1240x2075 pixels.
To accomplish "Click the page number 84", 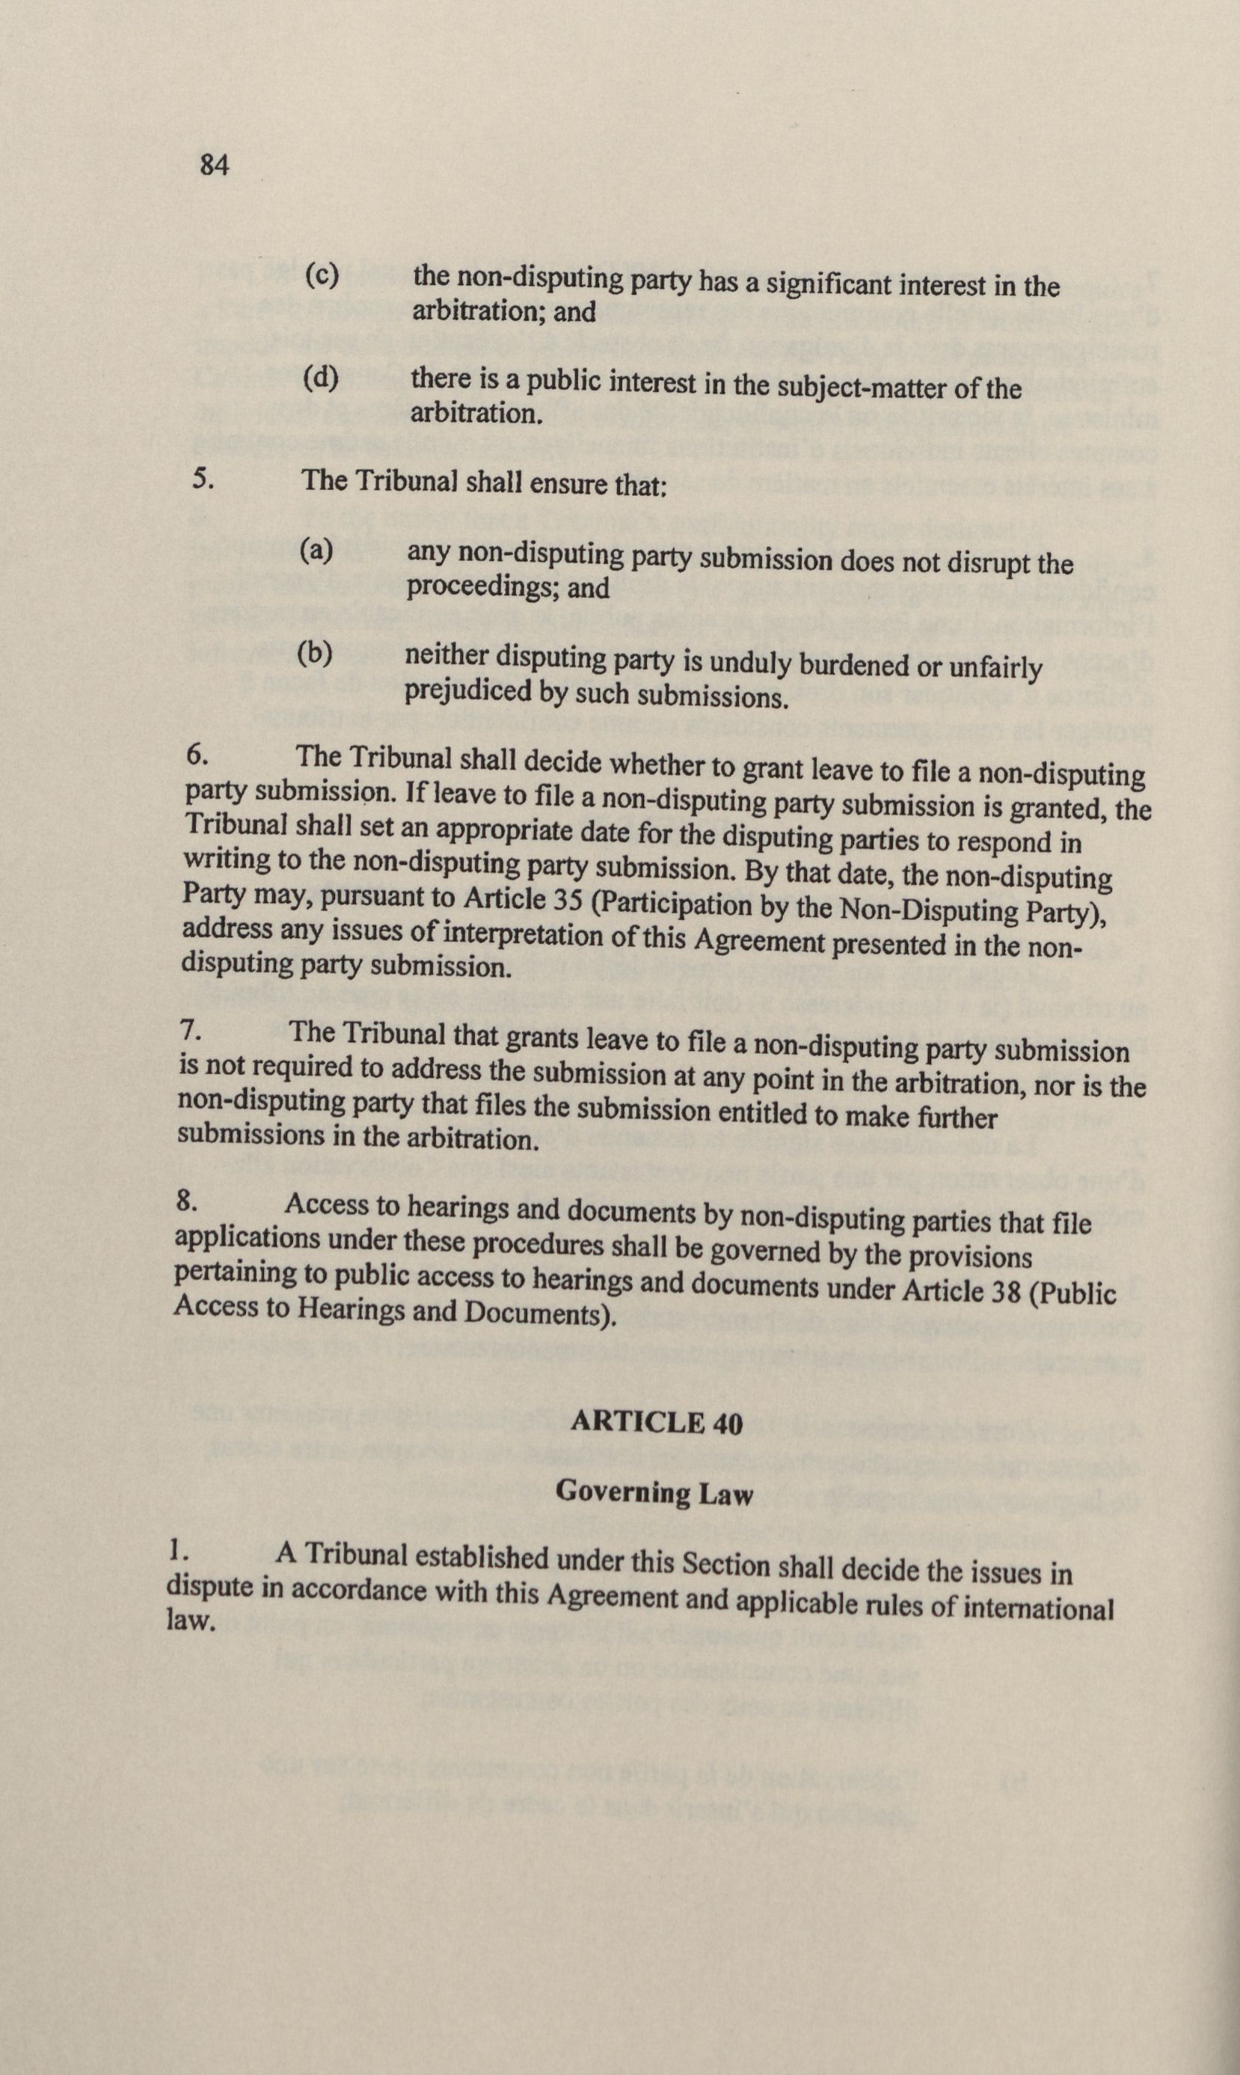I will [x=214, y=165].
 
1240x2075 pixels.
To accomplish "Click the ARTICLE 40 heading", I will [x=656, y=1423].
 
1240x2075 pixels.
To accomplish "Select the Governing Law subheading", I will [x=654, y=1492].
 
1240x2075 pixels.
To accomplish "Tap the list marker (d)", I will [x=321, y=378].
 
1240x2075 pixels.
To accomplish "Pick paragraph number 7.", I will [x=191, y=1031].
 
